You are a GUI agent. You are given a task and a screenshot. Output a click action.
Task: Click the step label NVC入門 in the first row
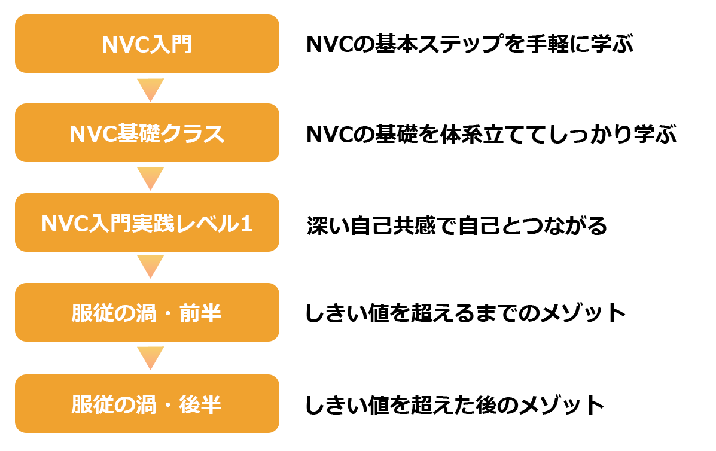(x=147, y=45)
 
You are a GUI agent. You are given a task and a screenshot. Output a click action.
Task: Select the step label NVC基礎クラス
(x=147, y=134)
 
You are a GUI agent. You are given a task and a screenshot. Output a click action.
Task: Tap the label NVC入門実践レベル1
(x=147, y=224)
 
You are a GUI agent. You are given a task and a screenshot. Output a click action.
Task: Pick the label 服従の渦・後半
(x=147, y=405)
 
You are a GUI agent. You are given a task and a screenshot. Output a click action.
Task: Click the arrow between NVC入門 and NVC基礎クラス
(x=150, y=90)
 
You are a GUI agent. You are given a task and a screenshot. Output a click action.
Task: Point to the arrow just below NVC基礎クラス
(x=150, y=178)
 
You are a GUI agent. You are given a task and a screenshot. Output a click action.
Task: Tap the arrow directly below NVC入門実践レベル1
(x=150, y=267)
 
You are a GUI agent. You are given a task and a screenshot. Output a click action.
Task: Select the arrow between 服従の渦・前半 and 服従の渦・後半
(x=150, y=358)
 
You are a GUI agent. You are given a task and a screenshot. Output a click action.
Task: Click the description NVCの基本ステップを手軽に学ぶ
(x=470, y=45)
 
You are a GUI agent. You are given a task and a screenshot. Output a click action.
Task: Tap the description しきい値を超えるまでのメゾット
(x=465, y=313)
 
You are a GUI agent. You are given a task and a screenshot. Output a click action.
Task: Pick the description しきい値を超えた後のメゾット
(x=455, y=405)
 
